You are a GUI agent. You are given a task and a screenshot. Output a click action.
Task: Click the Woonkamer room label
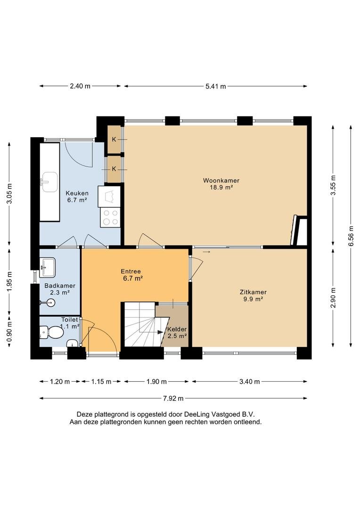pos(221,181)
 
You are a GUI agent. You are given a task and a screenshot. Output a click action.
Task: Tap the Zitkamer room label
pos(253,292)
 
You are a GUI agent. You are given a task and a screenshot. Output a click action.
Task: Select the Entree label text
pos(131,271)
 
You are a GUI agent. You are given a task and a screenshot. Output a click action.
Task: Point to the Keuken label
pos(77,193)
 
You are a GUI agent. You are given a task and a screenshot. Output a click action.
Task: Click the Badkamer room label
pos(60,286)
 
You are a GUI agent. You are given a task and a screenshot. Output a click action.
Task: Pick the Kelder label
pos(177,329)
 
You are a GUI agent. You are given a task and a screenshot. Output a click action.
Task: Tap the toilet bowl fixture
pos(51,332)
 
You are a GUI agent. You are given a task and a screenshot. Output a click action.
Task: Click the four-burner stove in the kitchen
pos(110,217)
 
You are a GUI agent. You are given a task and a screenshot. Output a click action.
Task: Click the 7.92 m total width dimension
pos(173,398)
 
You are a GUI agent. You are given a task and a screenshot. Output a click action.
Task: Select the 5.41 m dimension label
pos(216,86)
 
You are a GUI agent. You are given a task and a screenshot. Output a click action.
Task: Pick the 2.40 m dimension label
pos(80,86)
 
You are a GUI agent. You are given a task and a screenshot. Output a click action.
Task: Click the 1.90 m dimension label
pos(156,382)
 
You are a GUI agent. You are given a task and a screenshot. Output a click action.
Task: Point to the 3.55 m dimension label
pos(333,185)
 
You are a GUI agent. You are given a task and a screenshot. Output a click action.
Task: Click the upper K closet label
pos(114,139)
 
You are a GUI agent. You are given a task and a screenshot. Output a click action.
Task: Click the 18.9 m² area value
pos(221,187)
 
